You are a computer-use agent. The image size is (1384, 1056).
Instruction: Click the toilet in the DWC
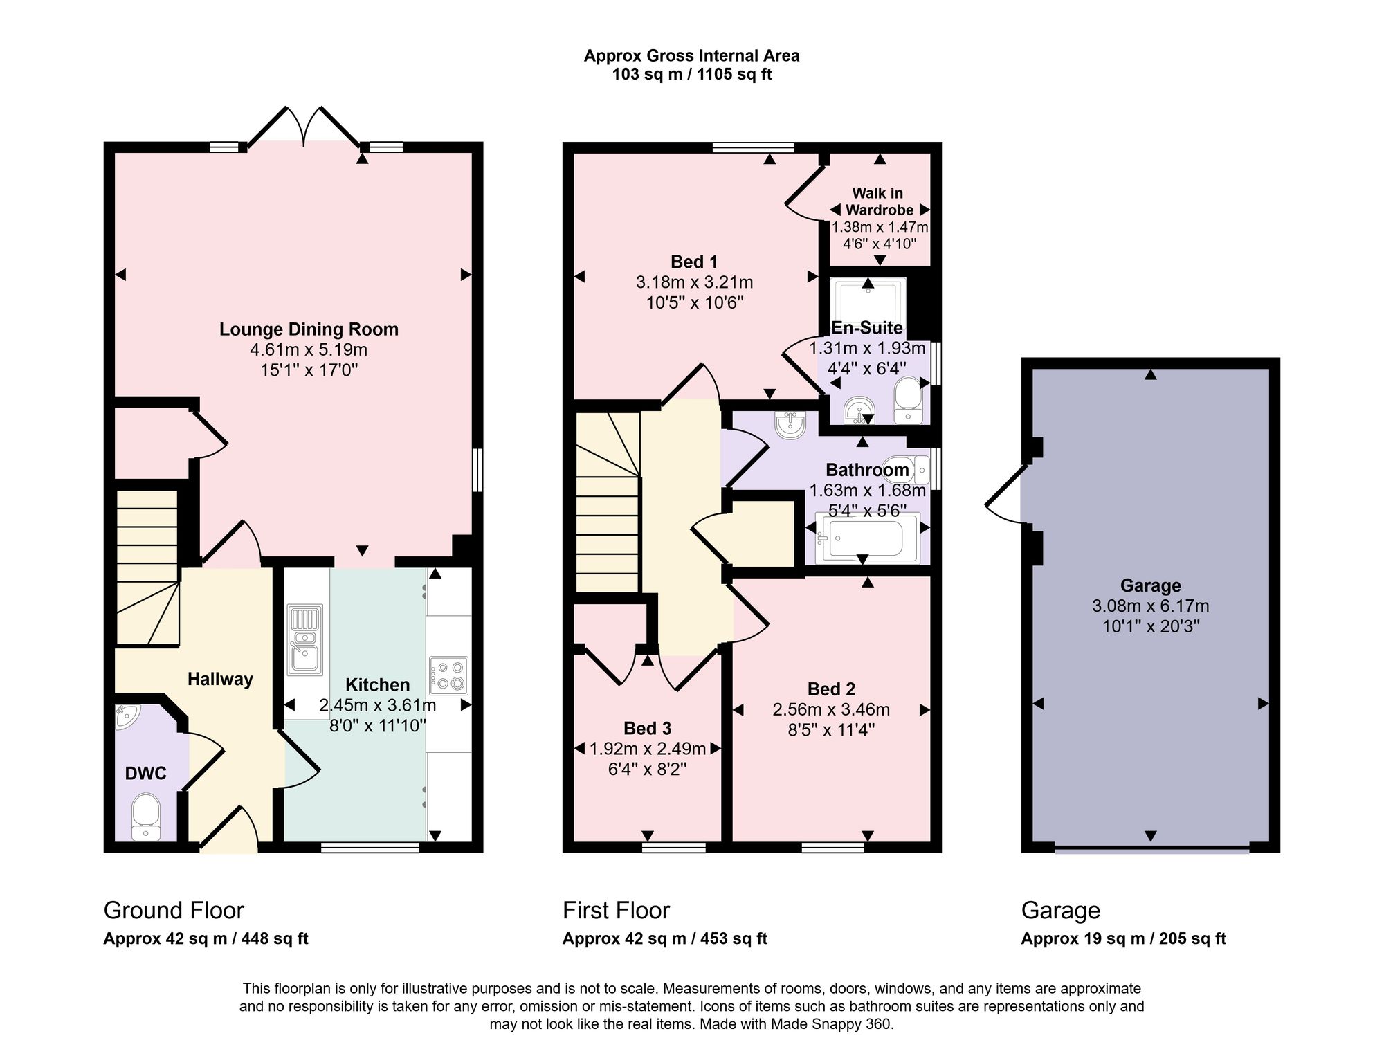(145, 817)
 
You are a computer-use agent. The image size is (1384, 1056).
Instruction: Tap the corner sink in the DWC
(127, 716)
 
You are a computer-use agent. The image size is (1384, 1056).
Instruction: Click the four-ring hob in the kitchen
(448, 675)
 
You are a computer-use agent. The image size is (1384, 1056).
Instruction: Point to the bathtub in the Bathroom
(868, 538)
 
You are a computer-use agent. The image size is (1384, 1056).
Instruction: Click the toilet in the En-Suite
(908, 400)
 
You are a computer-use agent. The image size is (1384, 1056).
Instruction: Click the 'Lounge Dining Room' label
(309, 329)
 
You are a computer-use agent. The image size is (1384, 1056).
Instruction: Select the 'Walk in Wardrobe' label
(878, 201)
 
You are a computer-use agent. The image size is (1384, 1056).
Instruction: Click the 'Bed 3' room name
(648, 728)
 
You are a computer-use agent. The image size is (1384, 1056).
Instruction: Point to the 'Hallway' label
(220, 680)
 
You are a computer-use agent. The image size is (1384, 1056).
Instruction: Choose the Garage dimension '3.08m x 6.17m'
(1151, 606)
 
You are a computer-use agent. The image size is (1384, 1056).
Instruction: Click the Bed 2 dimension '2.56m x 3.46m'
(831, 709)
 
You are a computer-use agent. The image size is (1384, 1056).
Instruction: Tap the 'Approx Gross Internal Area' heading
(692, 56)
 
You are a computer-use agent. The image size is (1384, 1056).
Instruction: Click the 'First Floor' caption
(616, 910)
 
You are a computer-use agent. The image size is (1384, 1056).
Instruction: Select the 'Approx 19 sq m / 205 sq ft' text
(1123, 938)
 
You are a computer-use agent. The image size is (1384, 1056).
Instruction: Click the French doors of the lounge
(304, 128)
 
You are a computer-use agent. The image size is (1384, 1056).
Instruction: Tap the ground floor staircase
(147, 567)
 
